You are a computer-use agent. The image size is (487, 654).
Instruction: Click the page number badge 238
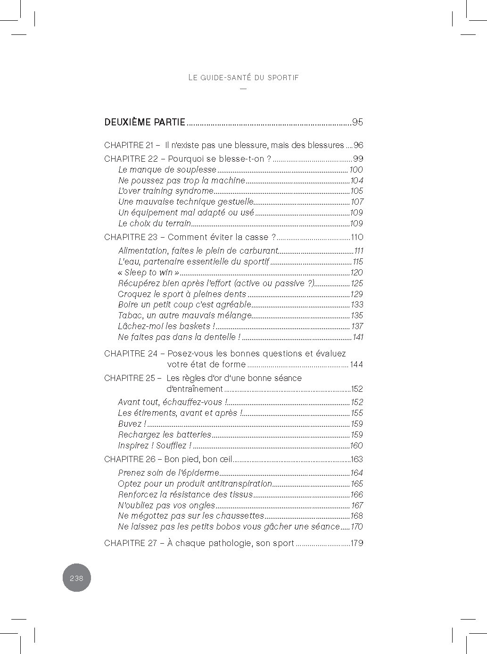[76, 578]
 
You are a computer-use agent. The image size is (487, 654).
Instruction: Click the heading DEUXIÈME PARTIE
[145, 122]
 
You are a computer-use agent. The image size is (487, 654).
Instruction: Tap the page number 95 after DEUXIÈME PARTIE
[357, 122]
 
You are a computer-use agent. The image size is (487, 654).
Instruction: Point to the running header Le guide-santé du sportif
[243, 77]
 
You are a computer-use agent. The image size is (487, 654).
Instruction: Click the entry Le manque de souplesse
[167, 170]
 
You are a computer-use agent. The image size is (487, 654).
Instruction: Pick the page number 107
[356, 202]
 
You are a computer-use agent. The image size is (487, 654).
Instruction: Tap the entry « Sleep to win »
[149, 273]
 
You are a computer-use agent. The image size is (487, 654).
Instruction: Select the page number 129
[356, 294]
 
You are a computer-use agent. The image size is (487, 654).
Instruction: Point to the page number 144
[356, 364]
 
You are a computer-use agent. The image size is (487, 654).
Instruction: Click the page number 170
[356, 527]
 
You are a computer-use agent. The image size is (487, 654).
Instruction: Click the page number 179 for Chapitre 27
[356, 543]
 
